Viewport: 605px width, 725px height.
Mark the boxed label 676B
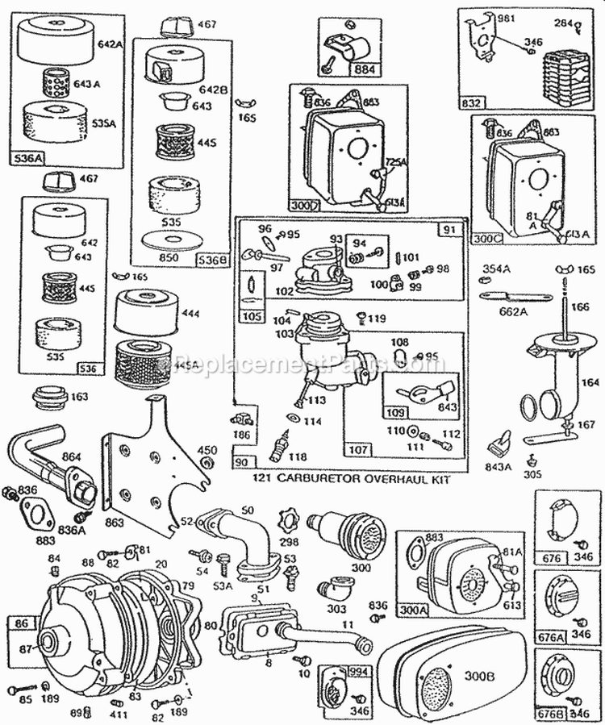click(552, 714)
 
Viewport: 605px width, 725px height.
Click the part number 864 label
click(72, 457)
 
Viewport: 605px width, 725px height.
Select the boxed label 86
click(19, 622)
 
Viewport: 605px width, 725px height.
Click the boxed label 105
click(252, 317)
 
